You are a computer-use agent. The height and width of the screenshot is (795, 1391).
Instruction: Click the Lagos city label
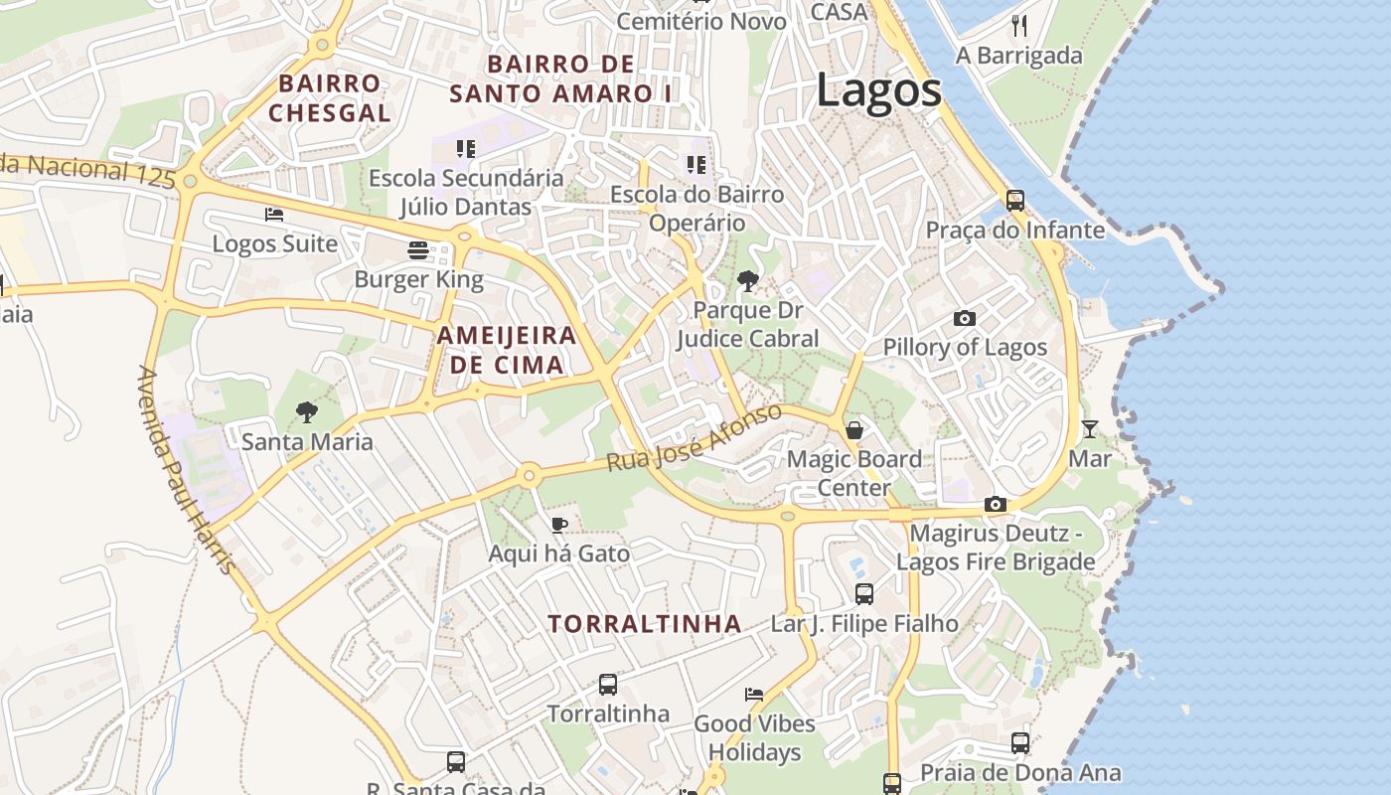878,91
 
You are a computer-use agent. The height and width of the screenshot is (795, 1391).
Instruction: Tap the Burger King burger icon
418,249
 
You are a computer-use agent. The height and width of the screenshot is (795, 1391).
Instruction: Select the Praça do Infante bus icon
1014,200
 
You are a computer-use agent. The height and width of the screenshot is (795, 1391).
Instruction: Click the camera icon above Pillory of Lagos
964,318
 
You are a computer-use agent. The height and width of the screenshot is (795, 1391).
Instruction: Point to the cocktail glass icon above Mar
1090,429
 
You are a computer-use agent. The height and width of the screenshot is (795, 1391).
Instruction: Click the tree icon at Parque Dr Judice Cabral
747,281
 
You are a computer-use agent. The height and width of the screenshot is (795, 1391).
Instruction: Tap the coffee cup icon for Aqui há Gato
559,524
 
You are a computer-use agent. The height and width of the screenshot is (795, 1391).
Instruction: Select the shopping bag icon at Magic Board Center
853,430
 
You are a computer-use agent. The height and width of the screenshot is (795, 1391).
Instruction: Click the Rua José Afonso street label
695,438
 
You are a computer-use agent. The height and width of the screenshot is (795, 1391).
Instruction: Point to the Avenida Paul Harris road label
186,470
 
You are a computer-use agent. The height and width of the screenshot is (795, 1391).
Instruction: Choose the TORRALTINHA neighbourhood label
645,624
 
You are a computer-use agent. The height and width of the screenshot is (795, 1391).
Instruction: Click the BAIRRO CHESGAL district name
329,98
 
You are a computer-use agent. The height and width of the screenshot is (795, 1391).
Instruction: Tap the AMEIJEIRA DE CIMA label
507,350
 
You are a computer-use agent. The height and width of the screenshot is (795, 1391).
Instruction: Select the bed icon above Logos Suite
274,214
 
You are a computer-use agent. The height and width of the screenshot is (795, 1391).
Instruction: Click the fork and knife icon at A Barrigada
1018,26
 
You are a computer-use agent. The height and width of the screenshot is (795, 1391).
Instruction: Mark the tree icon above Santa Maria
307,411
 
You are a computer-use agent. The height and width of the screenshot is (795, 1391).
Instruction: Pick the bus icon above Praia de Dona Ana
1019,742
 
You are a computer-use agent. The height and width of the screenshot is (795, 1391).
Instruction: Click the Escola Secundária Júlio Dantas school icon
465,149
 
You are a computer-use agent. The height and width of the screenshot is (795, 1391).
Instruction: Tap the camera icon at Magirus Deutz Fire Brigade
995,504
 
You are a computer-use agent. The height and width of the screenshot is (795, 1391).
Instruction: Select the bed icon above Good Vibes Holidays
754,694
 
